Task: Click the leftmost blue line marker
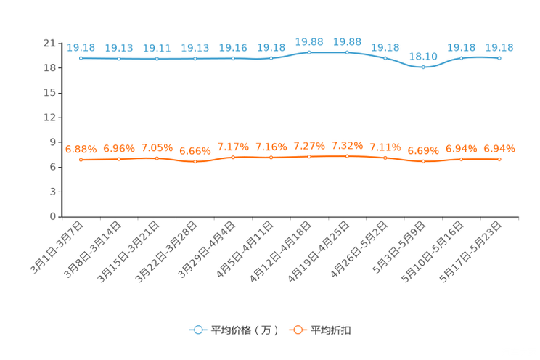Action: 81,58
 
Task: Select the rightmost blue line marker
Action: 499,58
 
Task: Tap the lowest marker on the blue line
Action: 423,67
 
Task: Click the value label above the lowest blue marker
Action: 423,56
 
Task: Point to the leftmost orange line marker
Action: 81,159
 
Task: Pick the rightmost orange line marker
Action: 499,159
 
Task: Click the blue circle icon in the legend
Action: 197,330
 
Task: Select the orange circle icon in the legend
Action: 297,330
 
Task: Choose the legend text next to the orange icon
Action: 332,330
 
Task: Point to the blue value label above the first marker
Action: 81,48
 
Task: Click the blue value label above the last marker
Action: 499,48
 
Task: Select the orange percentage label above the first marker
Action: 81,149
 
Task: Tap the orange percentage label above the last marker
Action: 499,149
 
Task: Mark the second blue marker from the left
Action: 119,58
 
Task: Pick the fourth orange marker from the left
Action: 195,161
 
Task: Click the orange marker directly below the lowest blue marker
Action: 423,160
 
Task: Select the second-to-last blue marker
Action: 461,58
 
